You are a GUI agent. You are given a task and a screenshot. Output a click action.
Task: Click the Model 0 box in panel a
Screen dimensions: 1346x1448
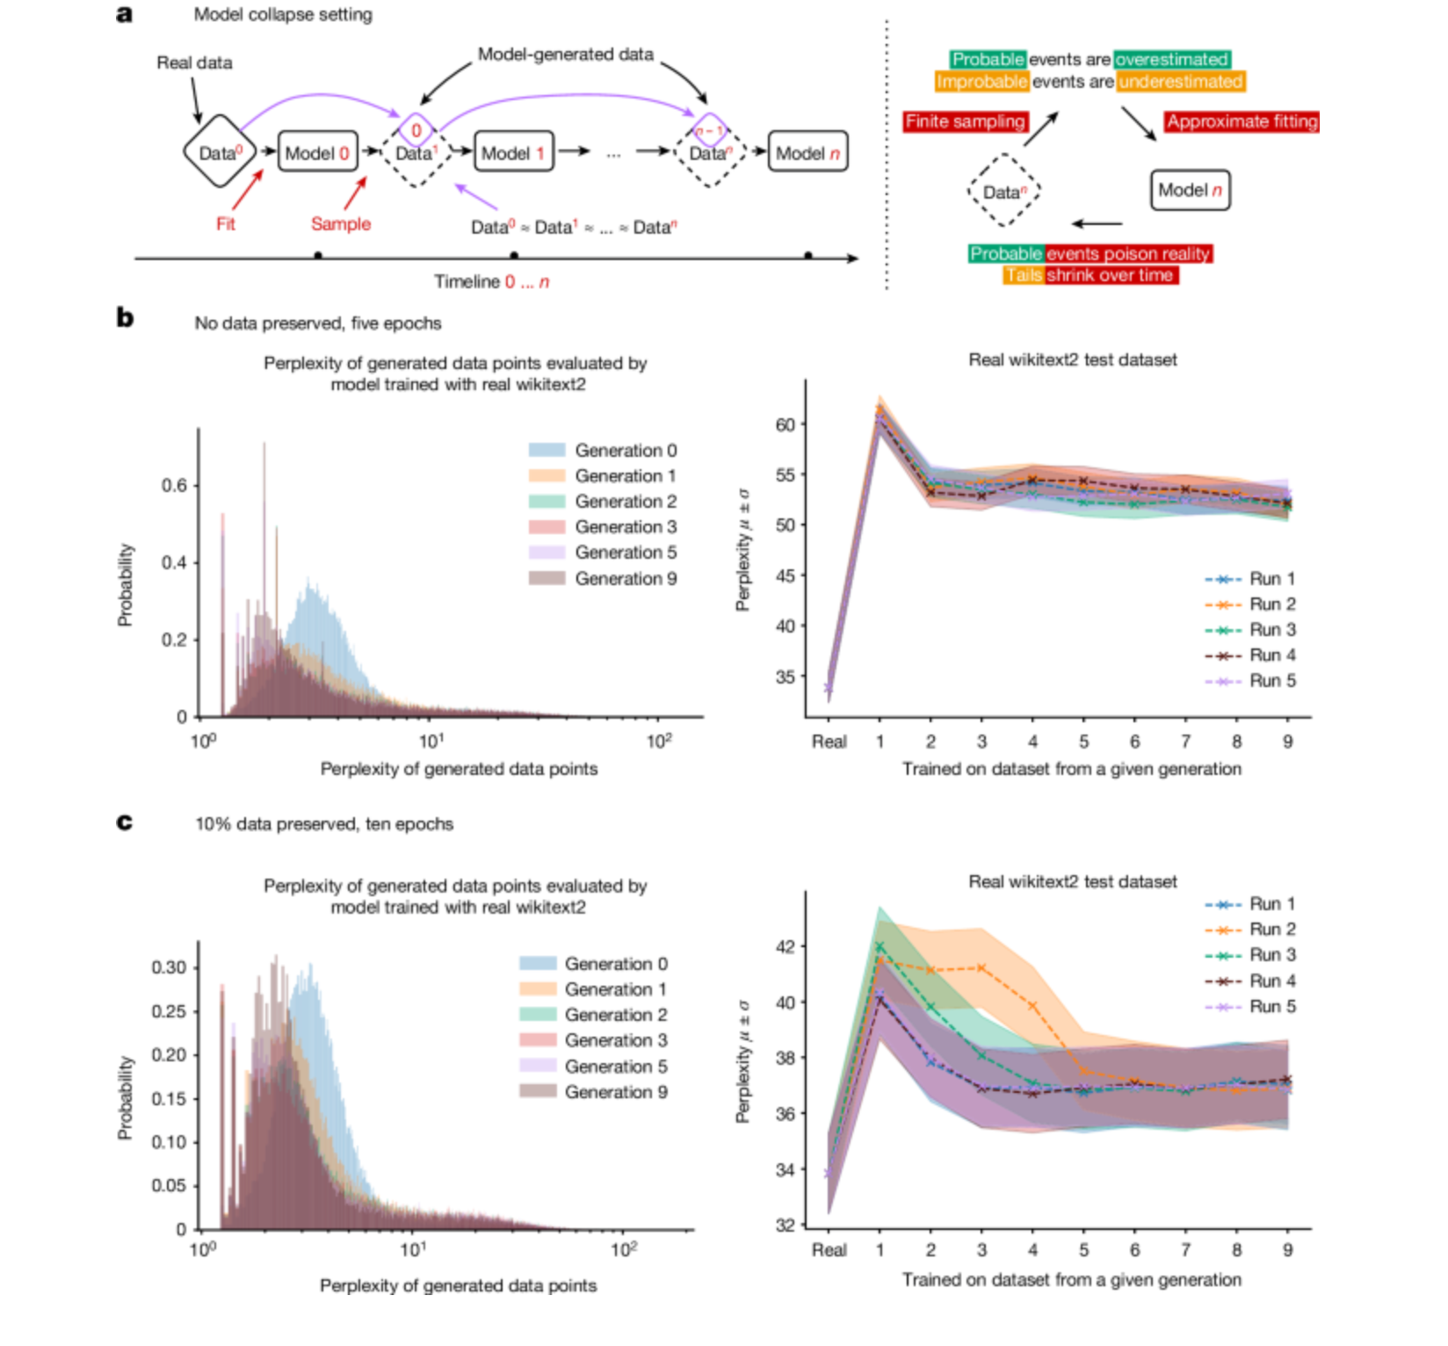coord(317,153)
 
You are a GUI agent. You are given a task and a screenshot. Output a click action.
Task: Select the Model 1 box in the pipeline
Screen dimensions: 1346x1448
coord(513,153)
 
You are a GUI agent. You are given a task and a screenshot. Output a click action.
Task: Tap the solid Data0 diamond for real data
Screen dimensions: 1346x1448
coord(219,152)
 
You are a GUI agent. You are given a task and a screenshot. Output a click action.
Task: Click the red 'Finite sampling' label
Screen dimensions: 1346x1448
coord(965,121)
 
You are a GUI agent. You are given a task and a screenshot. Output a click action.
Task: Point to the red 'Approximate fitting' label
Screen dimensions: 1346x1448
coord(1242,121)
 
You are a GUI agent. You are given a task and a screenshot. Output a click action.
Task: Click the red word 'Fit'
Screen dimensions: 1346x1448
coord(226,224)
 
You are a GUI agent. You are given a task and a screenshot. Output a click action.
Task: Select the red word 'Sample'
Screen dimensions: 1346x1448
coord(341,224)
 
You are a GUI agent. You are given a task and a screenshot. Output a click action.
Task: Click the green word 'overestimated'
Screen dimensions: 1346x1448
coord(1171,59)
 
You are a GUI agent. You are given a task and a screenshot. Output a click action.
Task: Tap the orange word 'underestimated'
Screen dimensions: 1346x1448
coord(1180,82)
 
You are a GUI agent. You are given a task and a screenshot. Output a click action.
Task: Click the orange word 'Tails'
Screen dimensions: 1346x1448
coord(1024,275)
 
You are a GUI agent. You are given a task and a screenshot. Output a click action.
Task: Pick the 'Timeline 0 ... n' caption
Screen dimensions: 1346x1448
coord(491,282)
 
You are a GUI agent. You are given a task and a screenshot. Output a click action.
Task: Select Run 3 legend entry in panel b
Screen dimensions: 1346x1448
coord(1271,630)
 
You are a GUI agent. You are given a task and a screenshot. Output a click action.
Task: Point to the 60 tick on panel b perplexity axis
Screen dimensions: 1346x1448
coord(785,424)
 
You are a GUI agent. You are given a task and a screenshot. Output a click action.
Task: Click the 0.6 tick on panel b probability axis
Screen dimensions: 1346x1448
coord(174,486)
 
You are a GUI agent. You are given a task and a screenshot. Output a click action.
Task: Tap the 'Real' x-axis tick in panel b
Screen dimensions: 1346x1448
coord(829,742)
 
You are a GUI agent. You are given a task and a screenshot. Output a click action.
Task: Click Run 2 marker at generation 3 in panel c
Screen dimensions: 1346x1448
coord(981,967)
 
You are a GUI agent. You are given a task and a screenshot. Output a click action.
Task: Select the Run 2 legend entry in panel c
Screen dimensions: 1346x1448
coord(1271,929)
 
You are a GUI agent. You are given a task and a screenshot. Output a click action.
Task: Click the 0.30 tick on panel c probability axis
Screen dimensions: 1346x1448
coord(169,967)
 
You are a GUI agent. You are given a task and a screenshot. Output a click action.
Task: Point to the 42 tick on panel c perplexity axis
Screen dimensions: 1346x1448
coord(785,946)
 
